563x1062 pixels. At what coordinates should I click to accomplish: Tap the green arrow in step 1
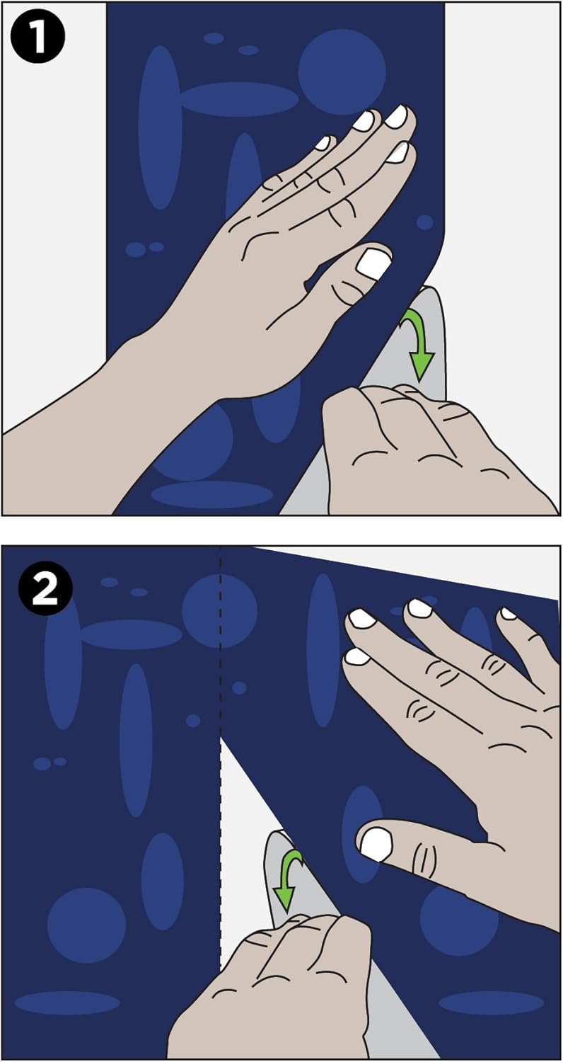pos(417,343)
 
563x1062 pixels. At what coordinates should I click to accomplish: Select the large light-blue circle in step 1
pos(342,72)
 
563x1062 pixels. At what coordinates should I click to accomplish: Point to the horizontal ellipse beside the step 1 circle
pos(239,99)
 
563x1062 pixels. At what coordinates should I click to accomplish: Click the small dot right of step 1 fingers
pos(424,222)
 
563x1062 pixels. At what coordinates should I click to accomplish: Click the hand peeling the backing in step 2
pos(279,991)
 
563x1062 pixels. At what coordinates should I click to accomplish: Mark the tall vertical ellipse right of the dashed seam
pos(323,650)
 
